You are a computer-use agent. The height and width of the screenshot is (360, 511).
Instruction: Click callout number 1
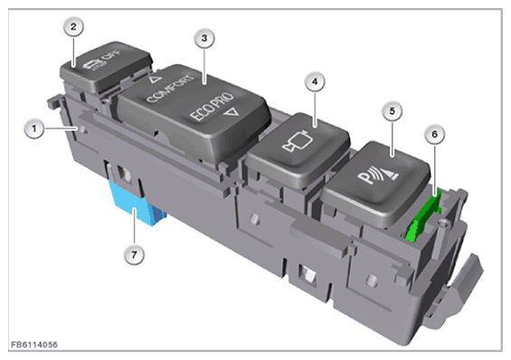(34, 128)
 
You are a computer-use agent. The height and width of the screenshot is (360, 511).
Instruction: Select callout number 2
(73, 27)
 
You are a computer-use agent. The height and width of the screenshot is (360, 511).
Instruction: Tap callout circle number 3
(204, 38)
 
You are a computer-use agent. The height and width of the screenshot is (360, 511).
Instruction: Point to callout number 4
(315, 81)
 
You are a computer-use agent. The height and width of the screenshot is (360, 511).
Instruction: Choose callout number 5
(392, 111)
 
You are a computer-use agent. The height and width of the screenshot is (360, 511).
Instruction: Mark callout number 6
(434, 134)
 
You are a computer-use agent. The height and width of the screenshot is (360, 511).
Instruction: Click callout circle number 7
(134, 254)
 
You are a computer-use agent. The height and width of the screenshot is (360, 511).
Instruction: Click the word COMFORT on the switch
(170, 89)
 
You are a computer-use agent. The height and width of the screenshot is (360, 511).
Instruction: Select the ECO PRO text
(212, 107)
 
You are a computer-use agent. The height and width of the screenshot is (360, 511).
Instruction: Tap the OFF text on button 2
(111, 56)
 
